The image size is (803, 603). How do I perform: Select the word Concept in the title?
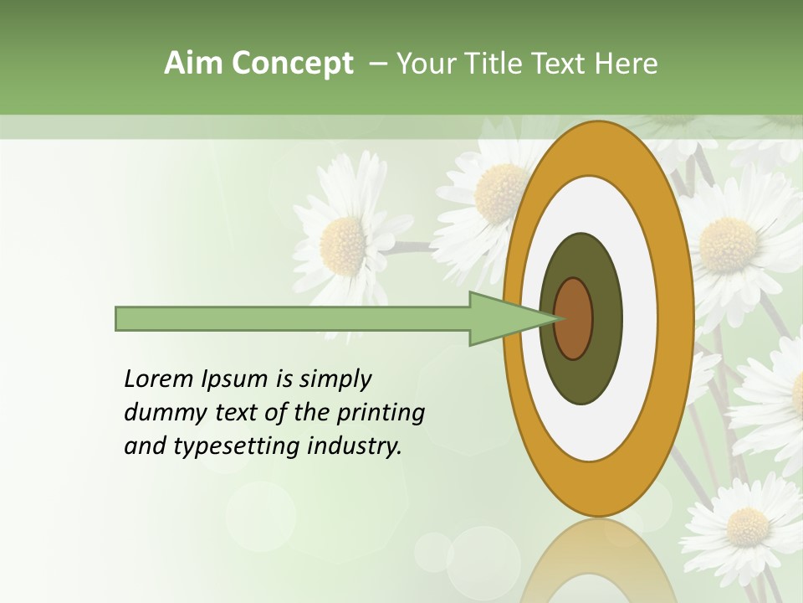coord(291,64)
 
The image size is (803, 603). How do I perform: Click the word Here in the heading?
coord(627,64)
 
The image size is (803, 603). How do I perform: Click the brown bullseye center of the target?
coord(573,319)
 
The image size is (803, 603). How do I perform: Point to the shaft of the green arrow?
coord(293,319)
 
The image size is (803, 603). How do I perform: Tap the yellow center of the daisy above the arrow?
coord(343,246)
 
